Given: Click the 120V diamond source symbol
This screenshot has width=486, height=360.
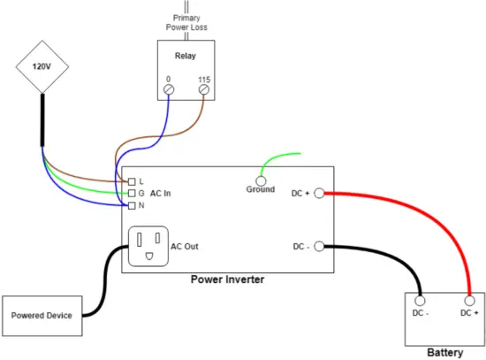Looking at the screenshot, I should tap(41, 65).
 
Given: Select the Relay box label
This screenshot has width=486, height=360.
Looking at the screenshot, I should tap(185, 55).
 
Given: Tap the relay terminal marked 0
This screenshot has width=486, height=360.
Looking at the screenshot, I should tap(169, 89).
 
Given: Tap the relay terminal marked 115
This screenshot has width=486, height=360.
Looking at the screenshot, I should tap(204, 89).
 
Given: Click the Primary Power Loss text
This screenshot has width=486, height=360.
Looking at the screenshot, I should tap(186, 21).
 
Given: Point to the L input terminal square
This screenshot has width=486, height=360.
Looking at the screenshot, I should tap(131, 181).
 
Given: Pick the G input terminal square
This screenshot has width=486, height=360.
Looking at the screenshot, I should tap(131, 193).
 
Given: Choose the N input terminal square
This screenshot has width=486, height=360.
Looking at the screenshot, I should tap(131, 204).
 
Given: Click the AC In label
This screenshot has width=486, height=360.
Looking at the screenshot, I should tap(161, 193).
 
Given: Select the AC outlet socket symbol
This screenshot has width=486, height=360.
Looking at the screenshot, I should tap(148, 246).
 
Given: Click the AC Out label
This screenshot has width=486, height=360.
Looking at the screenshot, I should tap(186, 246).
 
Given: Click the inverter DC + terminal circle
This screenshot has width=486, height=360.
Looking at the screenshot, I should tap(319, 193).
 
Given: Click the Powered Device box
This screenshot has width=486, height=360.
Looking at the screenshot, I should tap(43, 315).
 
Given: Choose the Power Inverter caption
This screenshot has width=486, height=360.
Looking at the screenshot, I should tap(227, 280).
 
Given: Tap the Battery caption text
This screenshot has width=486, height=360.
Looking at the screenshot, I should tap(444, 352).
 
